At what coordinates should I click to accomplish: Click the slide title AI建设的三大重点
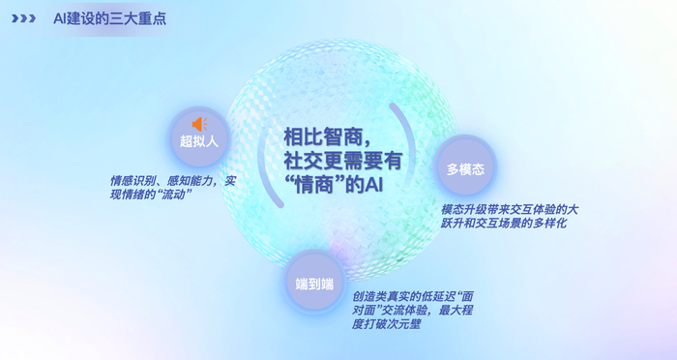click(109, 17)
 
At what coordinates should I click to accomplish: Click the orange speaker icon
click(200, 124)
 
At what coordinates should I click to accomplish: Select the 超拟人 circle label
click(200, 141)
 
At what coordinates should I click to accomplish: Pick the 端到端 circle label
click(314, 284)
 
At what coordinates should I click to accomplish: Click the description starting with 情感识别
click(172, 180)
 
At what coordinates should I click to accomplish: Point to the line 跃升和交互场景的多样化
click(503, 223)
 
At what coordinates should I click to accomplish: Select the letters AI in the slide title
click(59, 17)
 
